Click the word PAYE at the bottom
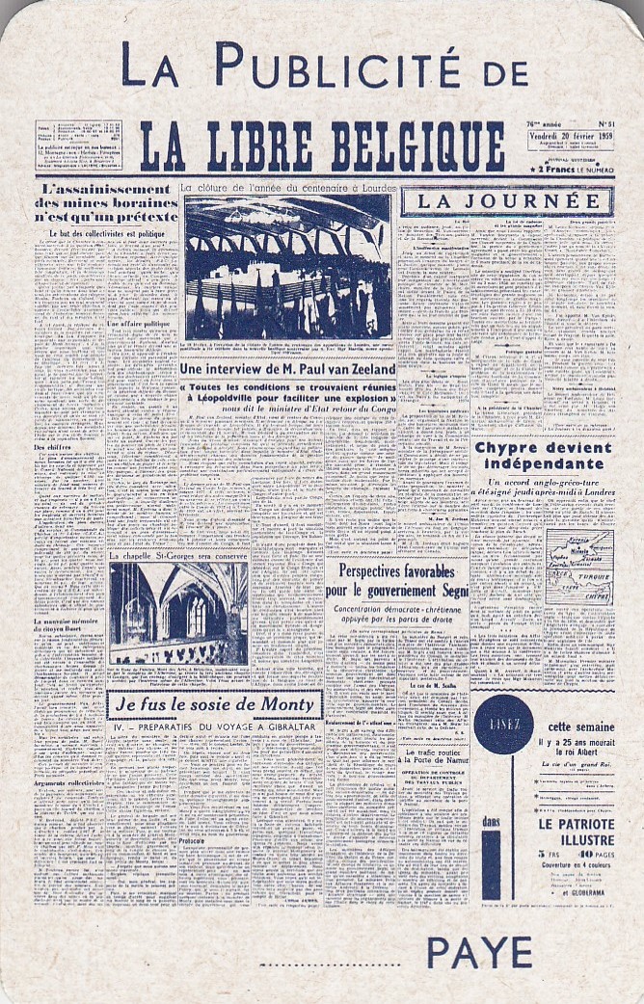478,953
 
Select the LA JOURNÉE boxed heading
507,200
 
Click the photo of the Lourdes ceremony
287,267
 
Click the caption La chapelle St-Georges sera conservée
178,556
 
